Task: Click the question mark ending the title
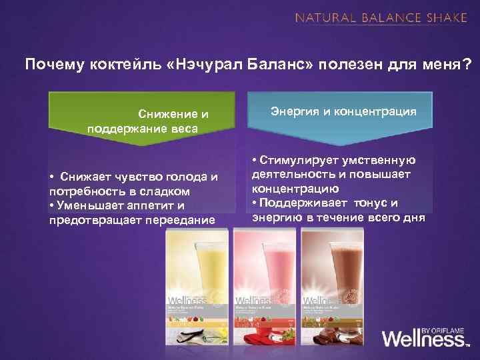tap(466, 65)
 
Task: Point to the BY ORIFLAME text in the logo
tap(445, 325)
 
